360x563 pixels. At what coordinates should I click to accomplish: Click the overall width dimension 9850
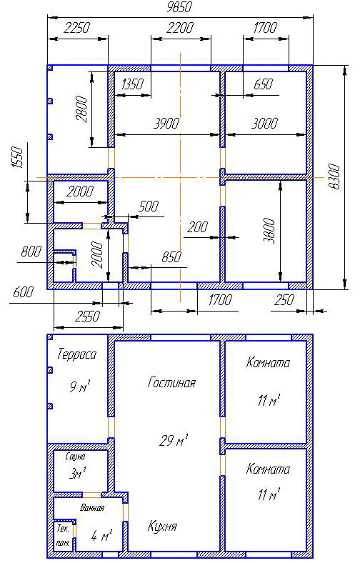pos(179,7)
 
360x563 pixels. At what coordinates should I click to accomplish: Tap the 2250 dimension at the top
pos(76,28)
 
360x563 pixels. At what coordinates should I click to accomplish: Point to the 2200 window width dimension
pos(180,28)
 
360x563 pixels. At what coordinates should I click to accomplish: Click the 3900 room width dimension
pos(166,124)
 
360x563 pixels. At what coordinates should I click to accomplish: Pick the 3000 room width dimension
pos(264,124)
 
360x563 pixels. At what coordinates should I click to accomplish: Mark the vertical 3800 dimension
pos(269,231)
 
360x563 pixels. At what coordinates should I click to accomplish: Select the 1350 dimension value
pos(132,84)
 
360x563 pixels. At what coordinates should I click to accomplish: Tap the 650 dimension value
pos(263,84)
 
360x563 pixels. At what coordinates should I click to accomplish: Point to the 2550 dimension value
pos(88,317)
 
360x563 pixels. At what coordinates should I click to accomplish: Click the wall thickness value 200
pos(197,227)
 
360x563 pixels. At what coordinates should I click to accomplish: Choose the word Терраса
pos(77,355)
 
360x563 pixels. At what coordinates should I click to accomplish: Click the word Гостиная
pos(171,383)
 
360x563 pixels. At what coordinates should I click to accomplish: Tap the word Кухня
pos(162,527)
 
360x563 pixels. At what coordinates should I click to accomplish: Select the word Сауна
pos(76,457)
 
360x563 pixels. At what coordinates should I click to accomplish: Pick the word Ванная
pos(92,508)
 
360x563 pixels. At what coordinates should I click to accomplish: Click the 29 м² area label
pos(174,440)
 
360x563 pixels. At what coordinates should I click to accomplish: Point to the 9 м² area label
pos(80,387)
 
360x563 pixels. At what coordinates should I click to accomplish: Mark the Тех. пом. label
pos(63,536)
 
